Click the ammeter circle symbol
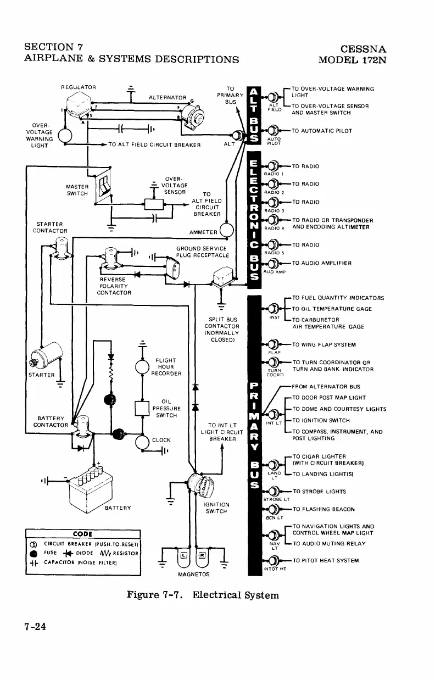tap(226, 233)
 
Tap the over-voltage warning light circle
tap(65, 135)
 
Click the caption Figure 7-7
tap(157, 594)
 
